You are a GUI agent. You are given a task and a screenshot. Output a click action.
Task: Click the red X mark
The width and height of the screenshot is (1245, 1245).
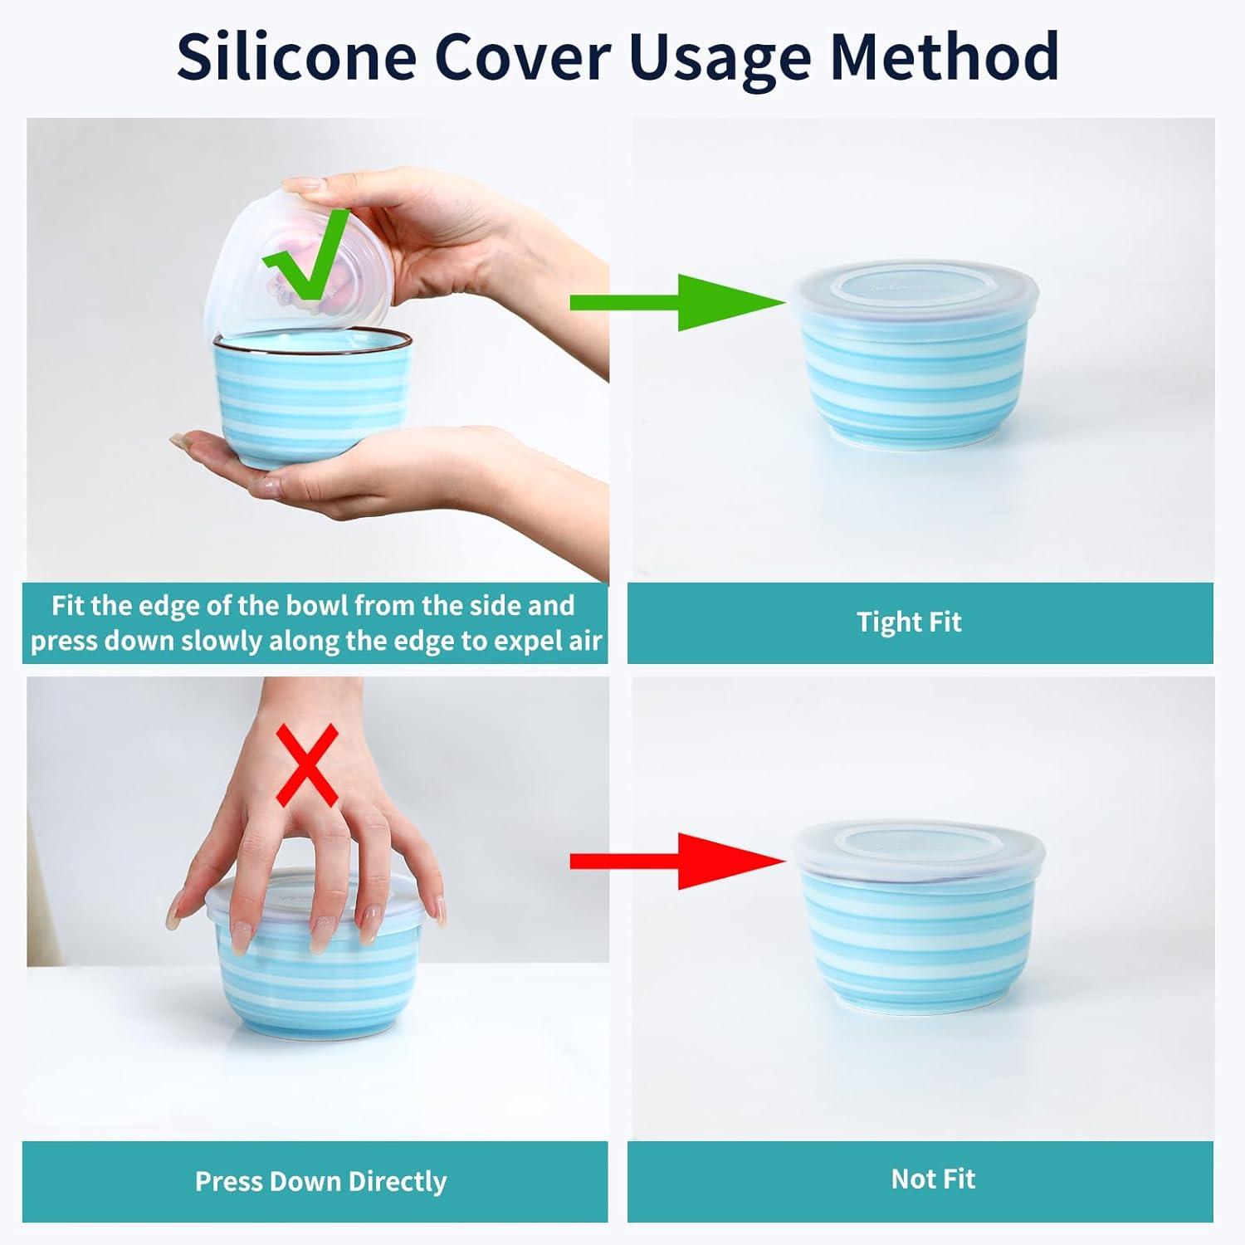307,765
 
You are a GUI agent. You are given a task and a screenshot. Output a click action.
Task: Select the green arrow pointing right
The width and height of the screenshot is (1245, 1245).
677,302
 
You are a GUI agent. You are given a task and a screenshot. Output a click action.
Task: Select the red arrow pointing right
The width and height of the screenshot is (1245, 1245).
677,862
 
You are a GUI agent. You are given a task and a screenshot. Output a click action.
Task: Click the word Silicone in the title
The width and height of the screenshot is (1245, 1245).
296,56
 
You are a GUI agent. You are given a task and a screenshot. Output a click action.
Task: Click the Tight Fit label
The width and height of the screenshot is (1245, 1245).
909,622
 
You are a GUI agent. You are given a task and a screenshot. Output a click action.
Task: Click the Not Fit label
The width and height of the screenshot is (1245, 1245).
933,1179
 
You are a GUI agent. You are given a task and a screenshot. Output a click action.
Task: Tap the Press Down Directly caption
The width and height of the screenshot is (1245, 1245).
320,1181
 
